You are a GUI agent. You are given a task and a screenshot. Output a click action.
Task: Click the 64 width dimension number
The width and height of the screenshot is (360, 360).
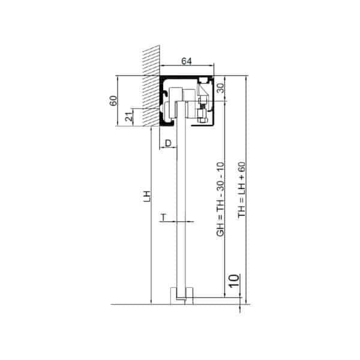pos(186,61)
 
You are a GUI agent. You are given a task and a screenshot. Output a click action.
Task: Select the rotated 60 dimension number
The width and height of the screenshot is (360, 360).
pos(113,101)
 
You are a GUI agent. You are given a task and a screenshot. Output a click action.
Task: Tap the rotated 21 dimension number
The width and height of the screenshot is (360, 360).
pos(129,116)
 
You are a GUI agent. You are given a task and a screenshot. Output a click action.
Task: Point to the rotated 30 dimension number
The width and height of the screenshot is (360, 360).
pos(220,88)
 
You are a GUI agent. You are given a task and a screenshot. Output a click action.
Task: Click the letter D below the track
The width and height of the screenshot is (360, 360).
pos(168,143)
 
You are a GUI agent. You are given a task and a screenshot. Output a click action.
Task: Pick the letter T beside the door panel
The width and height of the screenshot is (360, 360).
pos(163,217)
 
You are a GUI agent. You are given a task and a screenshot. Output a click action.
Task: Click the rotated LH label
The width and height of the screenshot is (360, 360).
pos(147,196)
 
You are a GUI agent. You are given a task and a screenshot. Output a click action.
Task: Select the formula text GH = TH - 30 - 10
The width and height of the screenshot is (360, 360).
pos(220,199)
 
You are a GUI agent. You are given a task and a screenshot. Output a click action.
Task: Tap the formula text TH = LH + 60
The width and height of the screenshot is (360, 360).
pos(242,190)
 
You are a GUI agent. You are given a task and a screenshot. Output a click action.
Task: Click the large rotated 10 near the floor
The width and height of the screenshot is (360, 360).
pos(234,281)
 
